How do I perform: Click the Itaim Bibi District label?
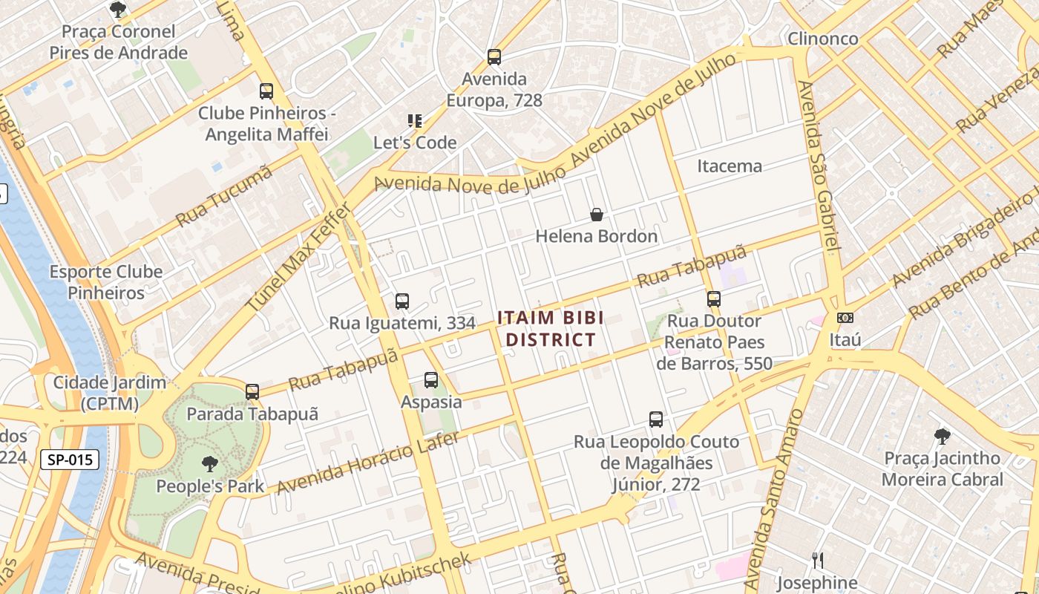click(549, 329)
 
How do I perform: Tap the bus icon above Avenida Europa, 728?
click(494, 56)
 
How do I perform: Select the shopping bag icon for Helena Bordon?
click(596, 215)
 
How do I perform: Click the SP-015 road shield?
click(70, 460)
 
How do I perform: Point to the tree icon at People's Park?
click(210, 464)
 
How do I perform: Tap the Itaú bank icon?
click(845, 318)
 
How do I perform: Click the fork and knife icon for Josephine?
click(817, 560)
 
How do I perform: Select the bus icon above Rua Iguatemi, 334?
click(402, 301)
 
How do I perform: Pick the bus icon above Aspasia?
click(431, 380)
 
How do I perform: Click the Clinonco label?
click(822, 39)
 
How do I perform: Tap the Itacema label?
click(729, 166)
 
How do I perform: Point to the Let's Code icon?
click(415, 120)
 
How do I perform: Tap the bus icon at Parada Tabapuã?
click(252, 391)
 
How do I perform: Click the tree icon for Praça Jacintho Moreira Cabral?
click(942, 436)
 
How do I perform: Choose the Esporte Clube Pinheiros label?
click(106, 282)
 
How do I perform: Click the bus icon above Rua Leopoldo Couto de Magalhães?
click(656, 420)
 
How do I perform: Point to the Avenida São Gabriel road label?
click(820, 167)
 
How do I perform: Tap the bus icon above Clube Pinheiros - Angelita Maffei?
click(266, 91)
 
